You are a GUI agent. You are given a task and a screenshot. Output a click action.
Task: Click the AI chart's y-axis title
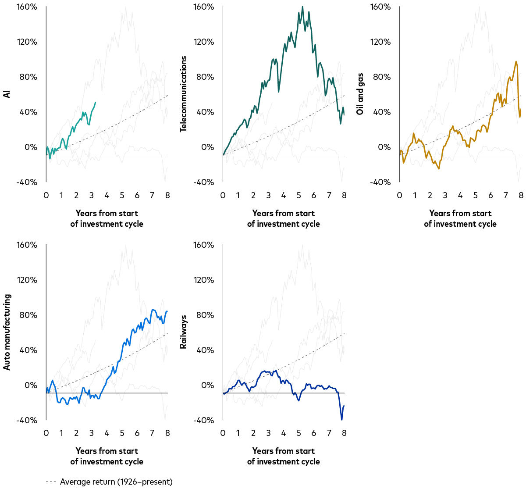(x=7, y=94)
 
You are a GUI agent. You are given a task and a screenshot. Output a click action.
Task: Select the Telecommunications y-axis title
(x=184, y=94)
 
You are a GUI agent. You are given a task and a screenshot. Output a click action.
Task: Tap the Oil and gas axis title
(x=360, y=100)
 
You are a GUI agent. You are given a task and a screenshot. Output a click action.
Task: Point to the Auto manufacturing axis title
(x=7, y=332)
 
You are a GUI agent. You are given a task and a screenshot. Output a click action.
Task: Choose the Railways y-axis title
(x=184, y=332)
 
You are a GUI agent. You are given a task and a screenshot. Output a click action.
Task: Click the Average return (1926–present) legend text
(x=116, y=482)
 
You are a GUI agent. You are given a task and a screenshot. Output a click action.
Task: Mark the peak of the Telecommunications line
(x=302, y=7)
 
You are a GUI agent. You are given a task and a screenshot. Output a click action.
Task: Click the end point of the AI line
(x=96, y=102)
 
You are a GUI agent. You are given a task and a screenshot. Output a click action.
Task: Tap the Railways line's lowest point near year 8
(x=342, y=420)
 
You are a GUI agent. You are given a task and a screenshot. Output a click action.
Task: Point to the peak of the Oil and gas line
(x=516, y=61)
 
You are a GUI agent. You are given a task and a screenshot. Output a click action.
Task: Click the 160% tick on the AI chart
(x=27, y=7)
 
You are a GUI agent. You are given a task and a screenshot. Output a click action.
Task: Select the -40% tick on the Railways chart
(x=203, y=420)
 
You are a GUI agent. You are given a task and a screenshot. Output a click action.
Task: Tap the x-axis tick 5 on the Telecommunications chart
(x=299, y=195)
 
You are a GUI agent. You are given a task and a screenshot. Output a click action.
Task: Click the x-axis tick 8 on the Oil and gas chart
(x=521, y=195)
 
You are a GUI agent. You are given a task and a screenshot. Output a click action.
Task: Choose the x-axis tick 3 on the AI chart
(x=91, y=195)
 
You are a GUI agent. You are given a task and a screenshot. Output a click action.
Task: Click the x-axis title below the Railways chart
(x=283, y=456)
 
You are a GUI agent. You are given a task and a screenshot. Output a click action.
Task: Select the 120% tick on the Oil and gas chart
(x=380, y=42)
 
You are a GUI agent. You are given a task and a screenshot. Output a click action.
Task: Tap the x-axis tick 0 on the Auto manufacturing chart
(x=46, y=433)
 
